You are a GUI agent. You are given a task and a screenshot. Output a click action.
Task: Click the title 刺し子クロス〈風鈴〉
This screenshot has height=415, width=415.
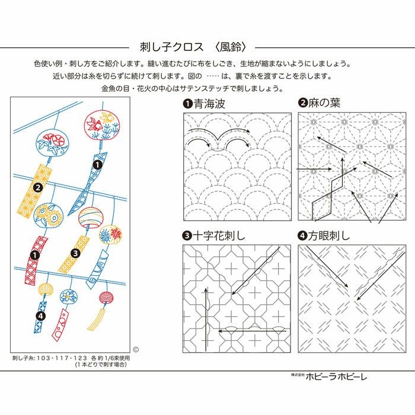pos(192,46)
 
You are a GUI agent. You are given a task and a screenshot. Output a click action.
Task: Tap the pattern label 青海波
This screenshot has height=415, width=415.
pos(208,104)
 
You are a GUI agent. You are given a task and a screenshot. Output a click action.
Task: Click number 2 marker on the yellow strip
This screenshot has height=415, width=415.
pos(37,187)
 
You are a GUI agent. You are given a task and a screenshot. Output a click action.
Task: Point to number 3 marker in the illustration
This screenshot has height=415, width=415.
pos(76,253)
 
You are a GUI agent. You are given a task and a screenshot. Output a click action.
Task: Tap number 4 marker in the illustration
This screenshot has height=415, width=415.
pos(40,316)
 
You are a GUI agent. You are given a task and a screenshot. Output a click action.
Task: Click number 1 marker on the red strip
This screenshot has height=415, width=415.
pos(35,255)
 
